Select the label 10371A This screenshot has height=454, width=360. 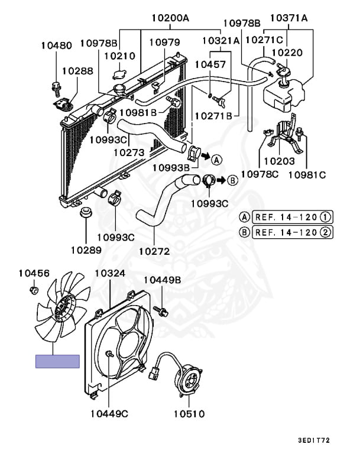289,18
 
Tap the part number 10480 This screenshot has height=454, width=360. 57,45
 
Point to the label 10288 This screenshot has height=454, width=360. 77,70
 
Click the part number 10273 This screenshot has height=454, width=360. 129,153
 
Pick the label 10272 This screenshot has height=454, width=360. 154,251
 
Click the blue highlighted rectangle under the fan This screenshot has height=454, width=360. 57,361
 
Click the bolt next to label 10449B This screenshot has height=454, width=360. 159,309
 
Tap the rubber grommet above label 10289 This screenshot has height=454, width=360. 86,213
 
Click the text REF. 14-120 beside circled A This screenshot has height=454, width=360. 286,217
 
